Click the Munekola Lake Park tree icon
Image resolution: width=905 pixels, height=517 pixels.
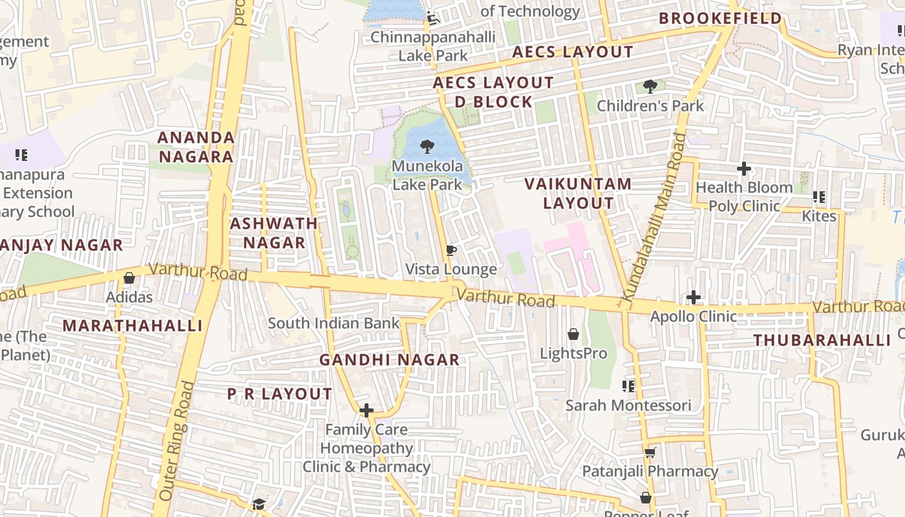[x=427, y=147]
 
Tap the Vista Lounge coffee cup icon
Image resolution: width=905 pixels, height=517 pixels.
[x=451, y=250]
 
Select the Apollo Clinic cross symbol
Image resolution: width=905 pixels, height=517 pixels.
[x=694, y=297]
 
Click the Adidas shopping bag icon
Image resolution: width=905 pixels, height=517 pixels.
[x=129, y=278]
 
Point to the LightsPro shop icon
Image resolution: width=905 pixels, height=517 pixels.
[x=573, y=334]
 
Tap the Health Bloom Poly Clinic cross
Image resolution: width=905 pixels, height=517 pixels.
[x=744, y=169]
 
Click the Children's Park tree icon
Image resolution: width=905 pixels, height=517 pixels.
[x=650, y=86]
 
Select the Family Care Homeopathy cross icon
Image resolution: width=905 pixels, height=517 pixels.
[x=367, y=410]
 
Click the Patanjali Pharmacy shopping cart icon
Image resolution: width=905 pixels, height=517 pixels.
[x=650, y=452]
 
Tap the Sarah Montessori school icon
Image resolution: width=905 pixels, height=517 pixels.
[x=628, y=386]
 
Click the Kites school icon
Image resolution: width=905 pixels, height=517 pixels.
[x=819, y=196]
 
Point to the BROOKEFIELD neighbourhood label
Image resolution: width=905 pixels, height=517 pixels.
[x=720, y=19]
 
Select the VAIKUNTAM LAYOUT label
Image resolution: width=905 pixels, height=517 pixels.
[x=578, y=193]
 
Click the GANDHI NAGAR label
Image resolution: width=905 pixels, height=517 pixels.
[x=390, y=360]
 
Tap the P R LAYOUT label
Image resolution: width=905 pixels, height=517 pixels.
[x=279, y=394]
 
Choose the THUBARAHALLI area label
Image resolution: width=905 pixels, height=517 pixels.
[x=822, y=340]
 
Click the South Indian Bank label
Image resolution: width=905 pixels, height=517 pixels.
[x=334, y=323]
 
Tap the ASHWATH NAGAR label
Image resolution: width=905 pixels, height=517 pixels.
[x=274, y=233]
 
